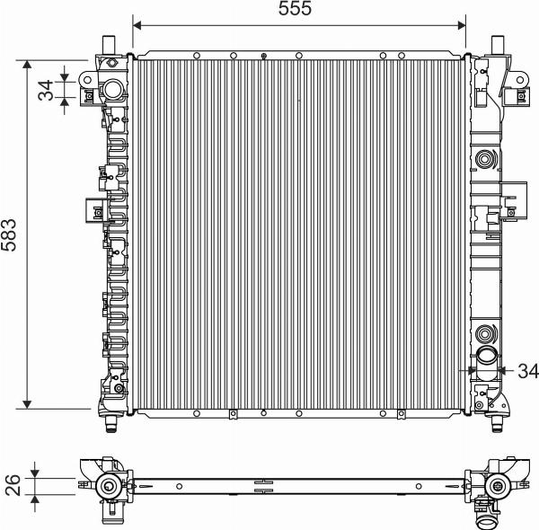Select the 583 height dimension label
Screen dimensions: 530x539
(x=12, y=236)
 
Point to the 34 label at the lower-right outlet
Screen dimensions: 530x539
(x=527, y=369)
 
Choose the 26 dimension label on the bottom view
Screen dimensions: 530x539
(x=12, y=485)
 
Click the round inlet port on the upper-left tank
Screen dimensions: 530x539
(x=114, y=89)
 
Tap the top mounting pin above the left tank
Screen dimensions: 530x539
(x=110, y=44)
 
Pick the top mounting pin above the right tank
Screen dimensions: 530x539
(x=499, y=44)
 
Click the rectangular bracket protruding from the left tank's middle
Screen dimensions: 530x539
(x=94, y=208)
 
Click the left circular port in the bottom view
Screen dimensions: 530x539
(x=110, y=486)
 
